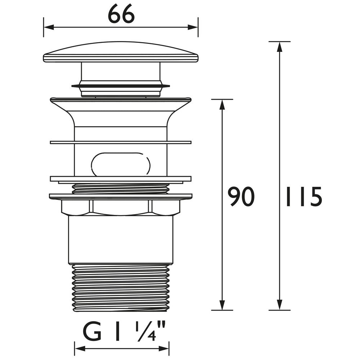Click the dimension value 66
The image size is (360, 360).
[121, 15]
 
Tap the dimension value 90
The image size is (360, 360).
[241, 197]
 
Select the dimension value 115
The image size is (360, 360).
[303, 197]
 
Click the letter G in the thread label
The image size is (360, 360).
[93, 332]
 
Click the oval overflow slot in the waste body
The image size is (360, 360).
[121, 165]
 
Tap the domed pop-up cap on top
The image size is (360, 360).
[121, 53]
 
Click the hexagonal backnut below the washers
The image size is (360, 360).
[121, 207]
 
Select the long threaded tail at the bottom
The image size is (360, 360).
[121, 288]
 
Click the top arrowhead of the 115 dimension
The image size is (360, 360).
[279, 46]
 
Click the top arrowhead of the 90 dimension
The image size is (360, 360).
[222, 104]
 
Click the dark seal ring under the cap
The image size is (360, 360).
[121, 86]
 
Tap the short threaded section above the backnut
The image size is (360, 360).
[121, 189]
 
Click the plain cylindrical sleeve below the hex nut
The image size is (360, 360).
[121, 239]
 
